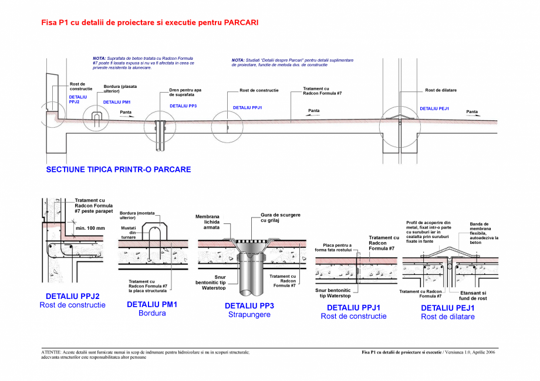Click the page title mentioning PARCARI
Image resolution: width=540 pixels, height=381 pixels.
(150, 23)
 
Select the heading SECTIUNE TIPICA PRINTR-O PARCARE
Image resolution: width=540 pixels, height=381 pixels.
(118, 169)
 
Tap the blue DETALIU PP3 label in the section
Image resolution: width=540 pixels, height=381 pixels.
(183, 106)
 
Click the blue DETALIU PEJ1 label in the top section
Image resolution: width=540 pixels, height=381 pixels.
(434, 108)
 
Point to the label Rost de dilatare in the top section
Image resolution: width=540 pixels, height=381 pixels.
(441, 90)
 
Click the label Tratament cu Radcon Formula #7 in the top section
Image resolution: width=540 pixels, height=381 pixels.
(322, 91)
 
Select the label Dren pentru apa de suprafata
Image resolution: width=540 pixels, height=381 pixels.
(185, 92)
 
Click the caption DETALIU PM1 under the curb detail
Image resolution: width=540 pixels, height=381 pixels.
(152, 305)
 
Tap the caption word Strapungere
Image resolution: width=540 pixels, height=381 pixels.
(249, 315)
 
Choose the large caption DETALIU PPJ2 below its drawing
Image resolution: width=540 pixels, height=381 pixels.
(72, 297)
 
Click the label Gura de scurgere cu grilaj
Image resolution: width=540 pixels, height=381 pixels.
(280, 217)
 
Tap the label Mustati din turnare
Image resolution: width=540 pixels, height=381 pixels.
(128, 232)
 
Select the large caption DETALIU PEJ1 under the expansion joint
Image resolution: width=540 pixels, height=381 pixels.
(448, 308)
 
